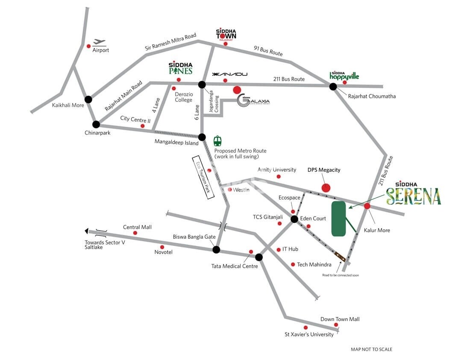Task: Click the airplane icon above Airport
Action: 100,42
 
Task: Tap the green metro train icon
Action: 217,140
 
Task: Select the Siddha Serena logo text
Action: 413,194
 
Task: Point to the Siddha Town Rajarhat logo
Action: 226,35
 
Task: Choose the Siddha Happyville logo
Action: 344,76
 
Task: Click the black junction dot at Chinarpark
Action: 96,124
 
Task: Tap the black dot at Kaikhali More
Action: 88,100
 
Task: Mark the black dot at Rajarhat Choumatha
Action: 333,87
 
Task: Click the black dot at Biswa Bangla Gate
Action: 216,250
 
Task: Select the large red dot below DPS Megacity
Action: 326,187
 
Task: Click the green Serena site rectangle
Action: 339,219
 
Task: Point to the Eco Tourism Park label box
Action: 203,177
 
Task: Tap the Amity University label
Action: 277,170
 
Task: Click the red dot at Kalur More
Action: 367,206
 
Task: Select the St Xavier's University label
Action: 309,334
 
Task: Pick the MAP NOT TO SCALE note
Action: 371,349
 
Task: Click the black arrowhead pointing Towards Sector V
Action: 87,231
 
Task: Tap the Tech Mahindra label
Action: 314,265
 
